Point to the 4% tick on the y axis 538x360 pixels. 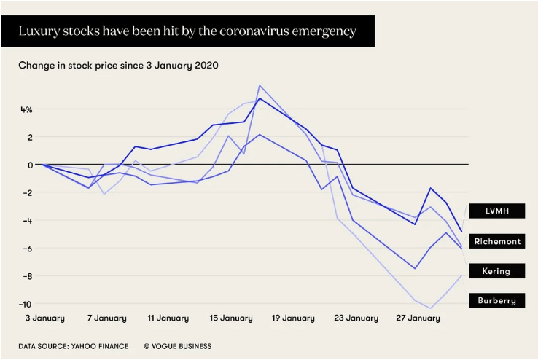26,109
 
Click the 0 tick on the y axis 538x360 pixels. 29,165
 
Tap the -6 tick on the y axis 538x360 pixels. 26,248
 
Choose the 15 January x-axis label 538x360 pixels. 231,318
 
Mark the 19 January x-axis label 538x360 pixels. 294,318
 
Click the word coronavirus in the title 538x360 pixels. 269,31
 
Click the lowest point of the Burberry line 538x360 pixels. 431,308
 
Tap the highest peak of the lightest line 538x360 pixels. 260,85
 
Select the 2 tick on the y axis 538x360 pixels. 30,137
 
